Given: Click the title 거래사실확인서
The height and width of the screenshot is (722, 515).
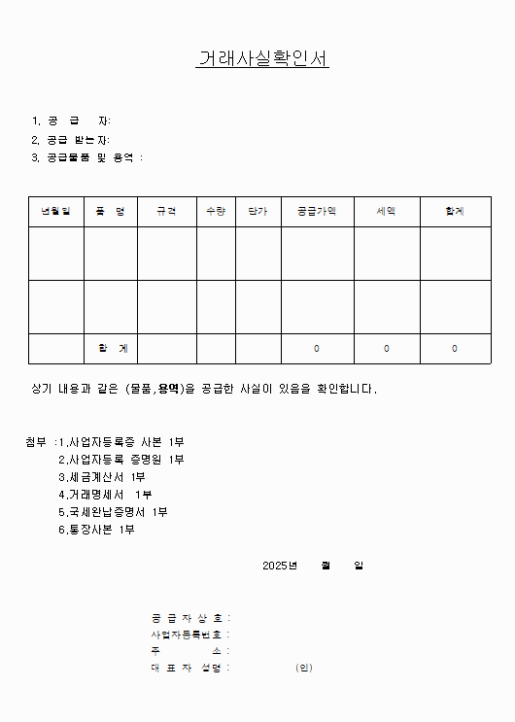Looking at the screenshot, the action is tap(262, 59).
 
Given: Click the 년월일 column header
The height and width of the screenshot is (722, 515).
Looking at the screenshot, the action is tap(55, 211).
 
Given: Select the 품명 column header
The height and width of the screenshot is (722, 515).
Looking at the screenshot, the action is tap(110, 211).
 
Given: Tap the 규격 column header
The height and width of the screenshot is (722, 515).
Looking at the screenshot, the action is tap(166, 211).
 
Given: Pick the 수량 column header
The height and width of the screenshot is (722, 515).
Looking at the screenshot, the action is tap(216, 211).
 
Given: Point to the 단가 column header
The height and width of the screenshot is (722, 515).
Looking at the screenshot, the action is tap(257, 211).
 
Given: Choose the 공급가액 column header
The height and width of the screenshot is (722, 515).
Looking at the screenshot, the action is tap(317, 211).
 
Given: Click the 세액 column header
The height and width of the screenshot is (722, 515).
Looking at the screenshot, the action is tap(386, 211).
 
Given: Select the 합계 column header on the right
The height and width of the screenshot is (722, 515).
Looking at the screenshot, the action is tap(455, 211).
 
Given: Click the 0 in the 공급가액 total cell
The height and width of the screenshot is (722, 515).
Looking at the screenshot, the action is tap(317, 348).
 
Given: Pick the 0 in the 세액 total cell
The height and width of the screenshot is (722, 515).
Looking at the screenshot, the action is tap(386, 348).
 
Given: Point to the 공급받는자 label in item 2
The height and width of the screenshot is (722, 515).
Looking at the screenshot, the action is tap(84, 139).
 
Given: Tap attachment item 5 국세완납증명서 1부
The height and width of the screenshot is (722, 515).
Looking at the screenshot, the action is tap(112, 512).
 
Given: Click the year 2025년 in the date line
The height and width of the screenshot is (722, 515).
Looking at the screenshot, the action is tap(280, 566).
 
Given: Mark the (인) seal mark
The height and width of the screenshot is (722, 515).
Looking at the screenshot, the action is tap(304, 668).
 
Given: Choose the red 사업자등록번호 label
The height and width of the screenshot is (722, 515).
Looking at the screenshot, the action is tap(189, 635).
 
